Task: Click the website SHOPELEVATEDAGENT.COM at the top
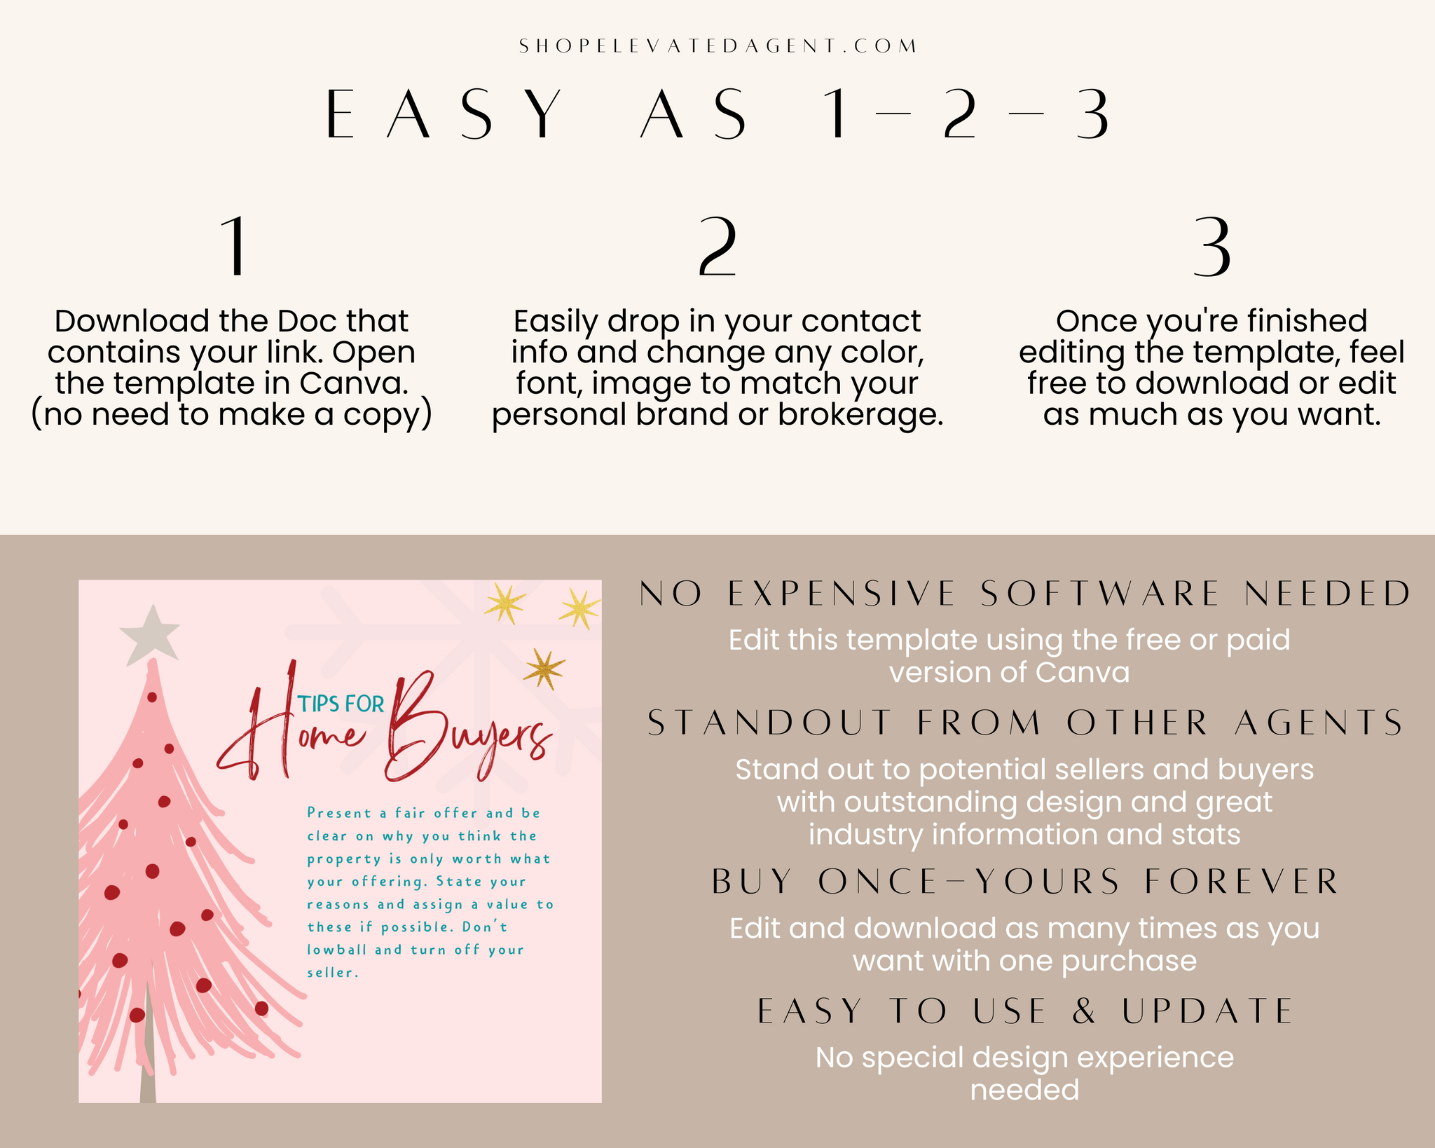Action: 717,46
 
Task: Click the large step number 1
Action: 234,247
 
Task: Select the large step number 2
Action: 717,247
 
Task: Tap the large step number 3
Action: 1211,247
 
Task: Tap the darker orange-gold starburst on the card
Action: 544,669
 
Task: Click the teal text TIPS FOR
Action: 341,704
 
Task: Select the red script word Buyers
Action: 468,729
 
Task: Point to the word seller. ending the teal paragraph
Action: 333,972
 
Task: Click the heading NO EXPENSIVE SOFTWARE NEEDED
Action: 1025,594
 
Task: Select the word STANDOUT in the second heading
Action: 770,723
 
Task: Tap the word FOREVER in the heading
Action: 1242,881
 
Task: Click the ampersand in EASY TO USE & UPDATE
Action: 1084,1011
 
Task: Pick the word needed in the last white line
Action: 1024,1090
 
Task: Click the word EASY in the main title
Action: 444,114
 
